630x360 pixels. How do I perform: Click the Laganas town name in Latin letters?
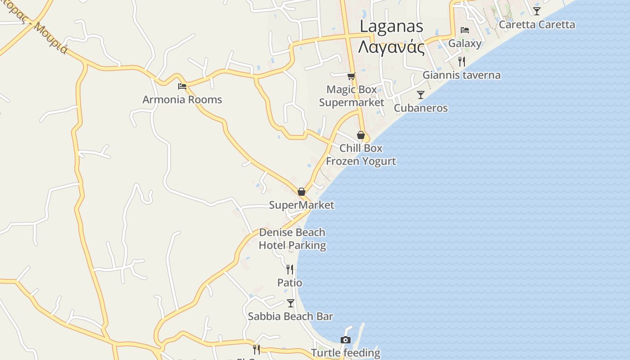[x=391, y=27]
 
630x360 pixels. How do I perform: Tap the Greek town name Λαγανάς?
[x=391, y=47]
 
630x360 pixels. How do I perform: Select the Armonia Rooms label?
[x=182, y=99]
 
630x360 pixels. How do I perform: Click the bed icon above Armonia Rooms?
[x=182, y=86]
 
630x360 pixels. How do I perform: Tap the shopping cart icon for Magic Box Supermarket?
[x=351, y=76]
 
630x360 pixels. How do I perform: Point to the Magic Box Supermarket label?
[x=351, y=96]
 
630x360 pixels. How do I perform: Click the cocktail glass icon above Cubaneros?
[x=421, y=94]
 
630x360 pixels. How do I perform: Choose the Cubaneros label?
[x=421, y=108]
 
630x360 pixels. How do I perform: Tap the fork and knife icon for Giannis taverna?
[x=461, y=61]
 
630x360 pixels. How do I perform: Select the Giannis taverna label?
[x=461, y=75]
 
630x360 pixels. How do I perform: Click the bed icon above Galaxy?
[x=465, y=30]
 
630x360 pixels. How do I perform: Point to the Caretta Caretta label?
[x=537, y=24]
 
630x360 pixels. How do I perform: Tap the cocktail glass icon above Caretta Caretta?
[x=537, y=11]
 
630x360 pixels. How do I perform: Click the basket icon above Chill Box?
[x=361, y=135]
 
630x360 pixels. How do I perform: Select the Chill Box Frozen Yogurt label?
[x=361, y=154]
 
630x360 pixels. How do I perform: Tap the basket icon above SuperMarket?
[x=301, y=192]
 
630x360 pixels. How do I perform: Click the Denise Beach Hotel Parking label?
[x=292, y=239]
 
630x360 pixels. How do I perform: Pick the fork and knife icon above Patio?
[x=290, y=269]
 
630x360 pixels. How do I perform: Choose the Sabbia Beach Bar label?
[x=290, y=316]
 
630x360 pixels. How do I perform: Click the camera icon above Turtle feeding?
[x=346, y=340]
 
